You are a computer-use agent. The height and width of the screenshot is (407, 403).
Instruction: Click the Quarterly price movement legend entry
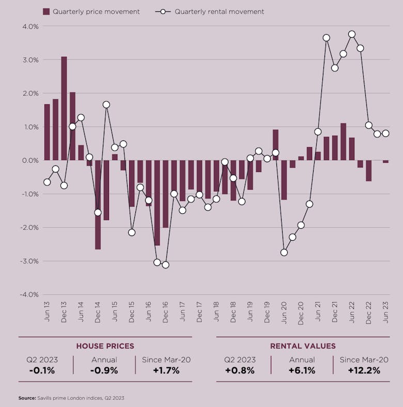tap(96, 11)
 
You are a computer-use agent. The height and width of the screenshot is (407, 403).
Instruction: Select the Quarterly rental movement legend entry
tap(219, 11)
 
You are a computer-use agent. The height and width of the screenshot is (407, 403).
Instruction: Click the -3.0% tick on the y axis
tap(29, 261)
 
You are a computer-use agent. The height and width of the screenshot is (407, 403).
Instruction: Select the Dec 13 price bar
tap(64, 108)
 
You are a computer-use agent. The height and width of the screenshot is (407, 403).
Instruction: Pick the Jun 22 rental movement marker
tap(352, 34)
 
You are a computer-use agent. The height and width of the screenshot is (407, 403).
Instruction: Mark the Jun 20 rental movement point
tap(284, 252)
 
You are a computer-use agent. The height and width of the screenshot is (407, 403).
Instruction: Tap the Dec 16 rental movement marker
tap(165, 264)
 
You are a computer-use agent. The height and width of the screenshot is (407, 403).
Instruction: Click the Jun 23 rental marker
tap(385, 133)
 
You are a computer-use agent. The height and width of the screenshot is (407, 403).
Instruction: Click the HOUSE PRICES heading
tap(105, 346)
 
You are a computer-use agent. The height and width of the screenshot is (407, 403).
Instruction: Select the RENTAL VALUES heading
tap(303, 346)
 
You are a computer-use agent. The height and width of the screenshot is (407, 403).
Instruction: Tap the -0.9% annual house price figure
tap(104, 370)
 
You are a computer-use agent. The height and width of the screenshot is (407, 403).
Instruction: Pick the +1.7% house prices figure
tap(166, 370)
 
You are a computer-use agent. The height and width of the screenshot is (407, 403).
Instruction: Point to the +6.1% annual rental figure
tap(302, 370)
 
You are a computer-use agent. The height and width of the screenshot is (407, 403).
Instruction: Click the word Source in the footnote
tap(26, 398)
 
